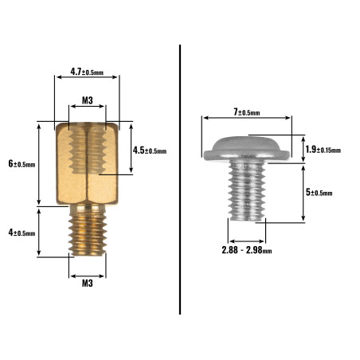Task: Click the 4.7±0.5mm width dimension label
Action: (87, 72)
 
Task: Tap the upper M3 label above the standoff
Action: (88, 100)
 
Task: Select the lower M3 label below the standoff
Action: (88, 284)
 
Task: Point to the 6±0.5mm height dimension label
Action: (22, 163)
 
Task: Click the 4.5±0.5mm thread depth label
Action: (150, 151)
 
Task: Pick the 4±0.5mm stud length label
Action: (22, 233)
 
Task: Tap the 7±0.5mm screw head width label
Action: (247, 112)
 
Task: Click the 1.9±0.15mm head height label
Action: (323, 150)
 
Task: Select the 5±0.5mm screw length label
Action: (319, 192)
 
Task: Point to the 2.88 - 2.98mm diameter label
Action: (247, 250)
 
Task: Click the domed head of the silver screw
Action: (247, 149)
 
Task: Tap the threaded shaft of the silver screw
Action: (247, 191)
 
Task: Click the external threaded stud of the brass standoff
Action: (88, 229)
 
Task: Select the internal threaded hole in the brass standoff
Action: (88, 150)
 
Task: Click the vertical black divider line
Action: (180, 180)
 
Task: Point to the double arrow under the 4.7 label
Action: (87, 77)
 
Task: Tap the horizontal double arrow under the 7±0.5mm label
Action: (247, 118)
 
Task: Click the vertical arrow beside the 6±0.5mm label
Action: (39, 164)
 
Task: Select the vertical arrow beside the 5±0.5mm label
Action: (303, 193)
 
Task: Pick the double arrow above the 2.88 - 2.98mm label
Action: (247, 241)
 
